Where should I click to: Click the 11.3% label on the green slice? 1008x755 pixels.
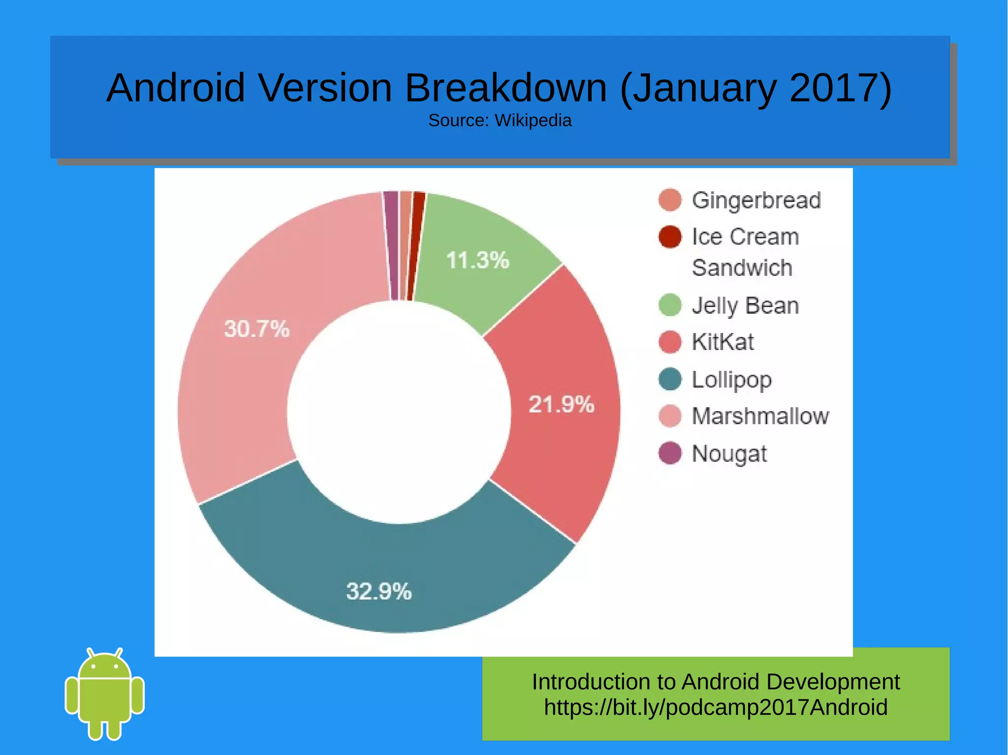coord(477,260)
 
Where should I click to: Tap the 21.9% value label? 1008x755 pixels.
coord(561,405)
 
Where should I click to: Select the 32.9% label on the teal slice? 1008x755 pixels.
coord(378,591)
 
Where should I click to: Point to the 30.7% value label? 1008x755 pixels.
coord(257,329)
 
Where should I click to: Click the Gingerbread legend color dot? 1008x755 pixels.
coord(670,200)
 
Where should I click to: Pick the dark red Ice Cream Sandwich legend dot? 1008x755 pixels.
coord(670,237)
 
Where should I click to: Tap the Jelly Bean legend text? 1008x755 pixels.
coord(745,305)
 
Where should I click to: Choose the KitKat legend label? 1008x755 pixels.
coord(723,342)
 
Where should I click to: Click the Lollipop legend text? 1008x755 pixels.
coord(731,380)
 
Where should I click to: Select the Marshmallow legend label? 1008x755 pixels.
coord(760,416)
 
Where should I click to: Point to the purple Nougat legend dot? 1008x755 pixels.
coord(670,453)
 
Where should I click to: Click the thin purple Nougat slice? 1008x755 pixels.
coord(391,245)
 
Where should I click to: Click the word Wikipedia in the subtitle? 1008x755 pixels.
coord(533,121)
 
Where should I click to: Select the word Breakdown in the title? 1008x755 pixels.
coord(506,88)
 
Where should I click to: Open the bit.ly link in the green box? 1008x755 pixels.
coord(716,707)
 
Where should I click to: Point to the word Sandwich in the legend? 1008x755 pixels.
coord(742,268)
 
